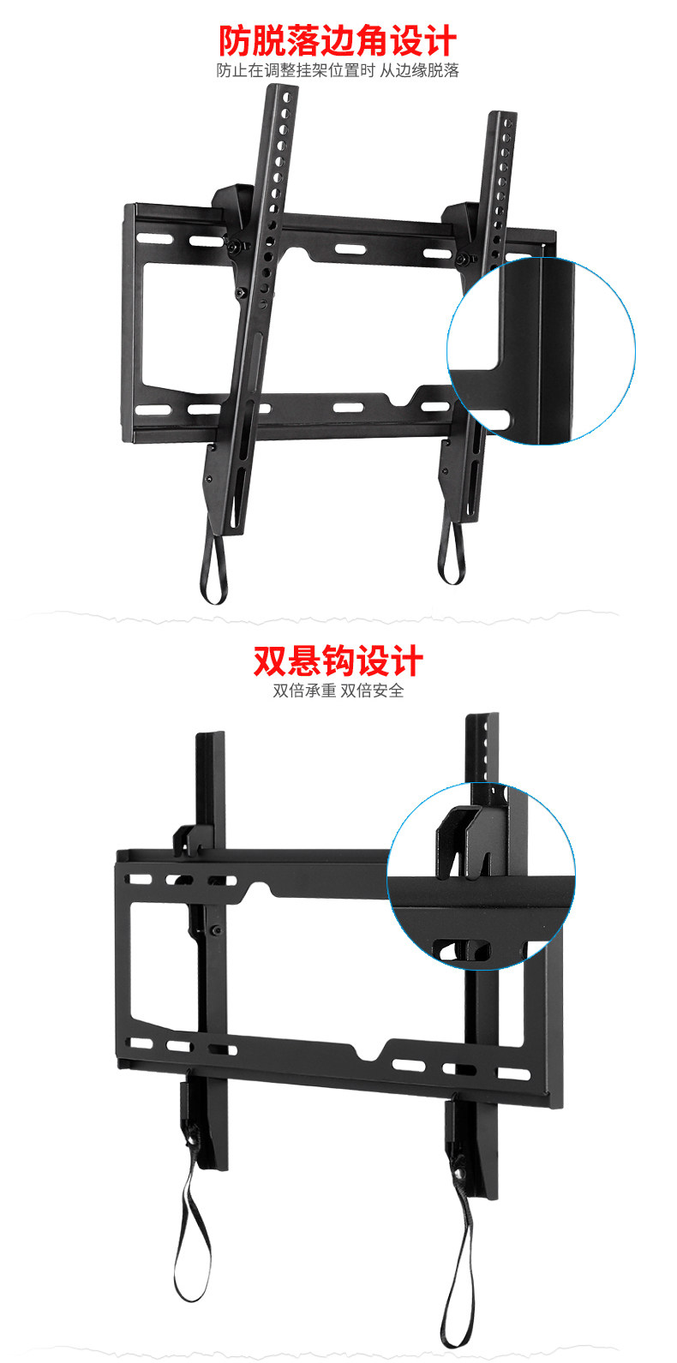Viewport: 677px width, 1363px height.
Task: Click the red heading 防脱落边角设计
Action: pyautogui.click(x=338, y=40)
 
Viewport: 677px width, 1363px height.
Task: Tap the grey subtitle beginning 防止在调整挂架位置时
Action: pyautogui.click(x=338, y=71)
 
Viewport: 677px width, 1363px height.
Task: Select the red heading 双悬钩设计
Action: pyautogui.click(x=338, y=661)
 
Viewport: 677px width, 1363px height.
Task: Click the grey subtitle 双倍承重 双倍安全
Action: pyautogui.click(x=338, y=690)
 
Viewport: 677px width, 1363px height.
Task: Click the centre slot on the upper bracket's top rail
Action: pyautogui.click(x=348, y=250)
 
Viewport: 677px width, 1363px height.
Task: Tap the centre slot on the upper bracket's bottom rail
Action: pyautogui.click(x=347, y=408)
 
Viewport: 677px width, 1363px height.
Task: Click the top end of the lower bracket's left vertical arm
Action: pyautogui.click(x=210, y=738)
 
